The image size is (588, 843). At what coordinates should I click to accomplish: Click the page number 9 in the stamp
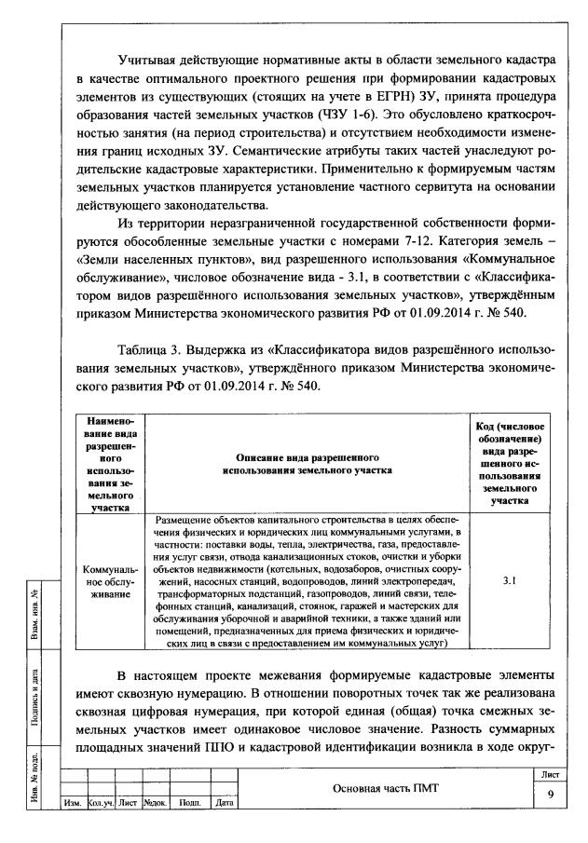[x=549, y=795]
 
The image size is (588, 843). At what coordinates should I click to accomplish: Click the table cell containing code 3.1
[x=510, y=580]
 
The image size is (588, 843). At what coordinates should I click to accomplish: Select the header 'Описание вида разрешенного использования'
[x=307, y=465]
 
